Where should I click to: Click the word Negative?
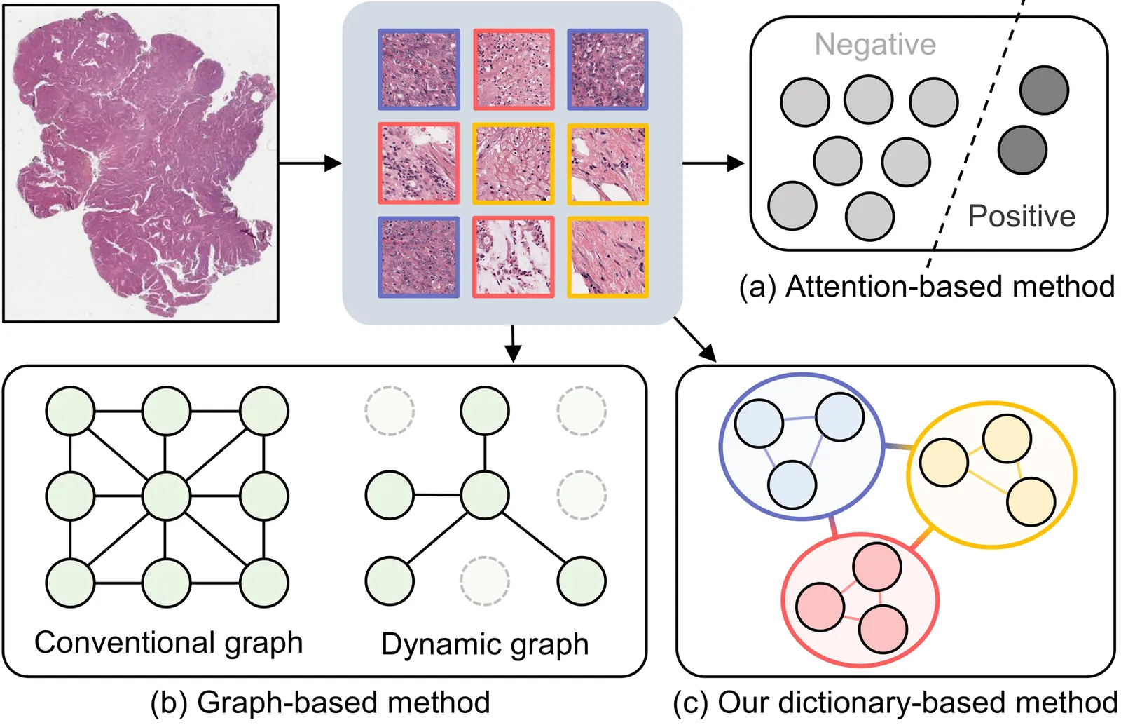pos(874,45)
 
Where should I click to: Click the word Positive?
pos(1022,216)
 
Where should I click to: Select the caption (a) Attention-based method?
pos(926,287)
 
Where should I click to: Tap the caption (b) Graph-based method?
pos(320,703)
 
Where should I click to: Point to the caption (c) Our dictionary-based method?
pos(895,703)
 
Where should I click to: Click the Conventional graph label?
pos(168,642)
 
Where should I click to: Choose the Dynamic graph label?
pos(484,644)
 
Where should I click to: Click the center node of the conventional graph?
pos(166,496)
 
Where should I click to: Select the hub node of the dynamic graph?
pos(485,495)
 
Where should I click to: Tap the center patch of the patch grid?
pos(513,163)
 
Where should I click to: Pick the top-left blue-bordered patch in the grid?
pos(419,69)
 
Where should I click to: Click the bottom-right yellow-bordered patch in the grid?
pos(607,257)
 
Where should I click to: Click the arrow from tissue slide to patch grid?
pos(310,163)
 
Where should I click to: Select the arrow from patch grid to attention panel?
pos(713,163)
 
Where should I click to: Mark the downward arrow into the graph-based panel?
pos(513,344)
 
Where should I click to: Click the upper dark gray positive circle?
pos(1044,90)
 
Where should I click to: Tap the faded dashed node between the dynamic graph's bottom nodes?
pos(485,581)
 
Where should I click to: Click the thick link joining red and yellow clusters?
pos(921,538)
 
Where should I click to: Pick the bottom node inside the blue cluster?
pos(792,485)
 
